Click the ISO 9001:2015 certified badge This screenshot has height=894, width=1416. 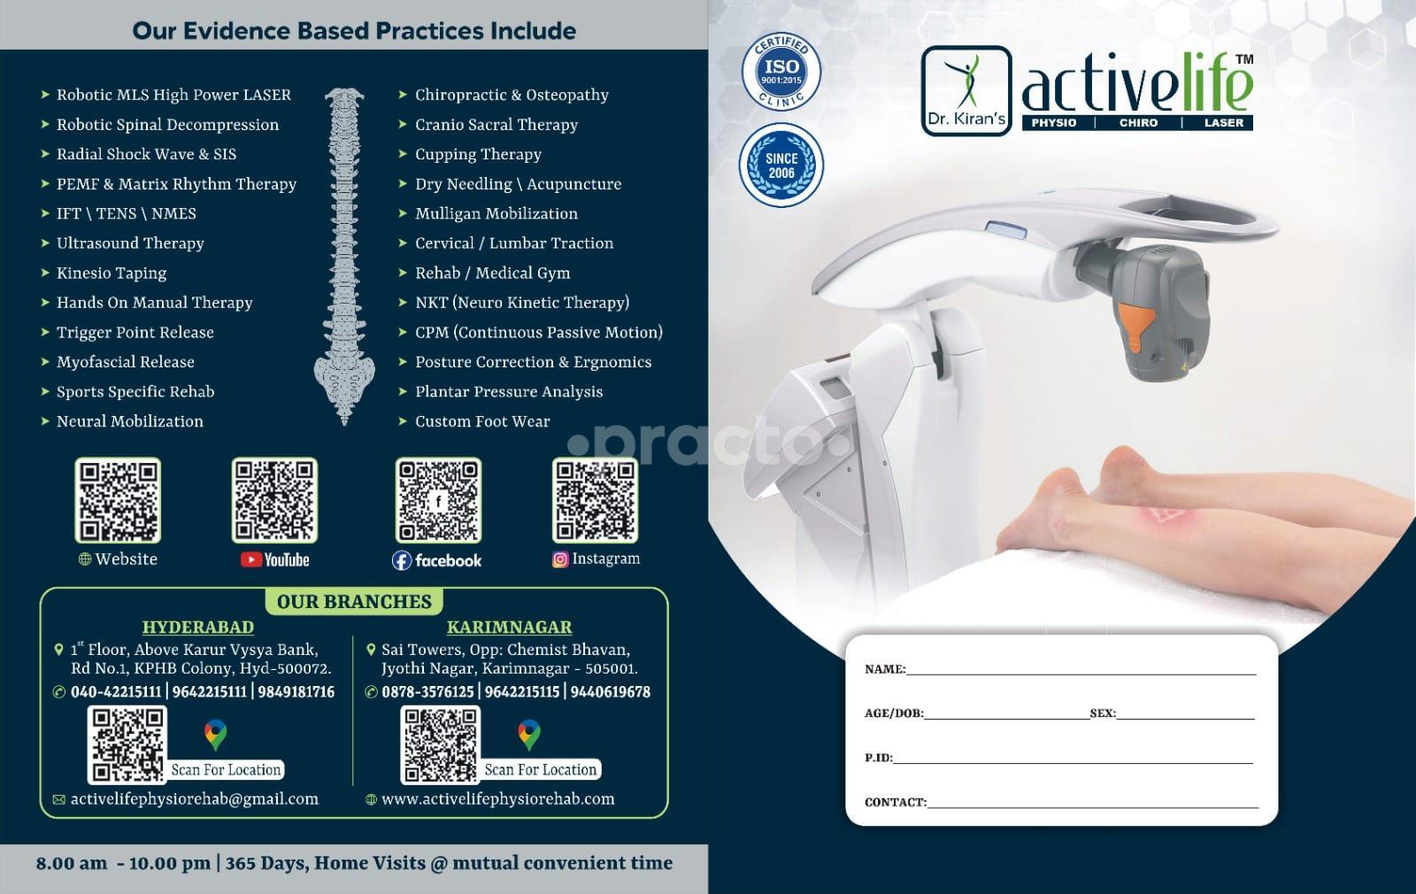[x=781, y=72]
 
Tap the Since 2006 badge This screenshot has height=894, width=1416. [x=781, y=165]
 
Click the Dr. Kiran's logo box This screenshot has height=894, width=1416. [x=966, y=91]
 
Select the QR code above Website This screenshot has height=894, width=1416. [x=118, y=500]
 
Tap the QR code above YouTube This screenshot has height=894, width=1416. [x=274, y=500]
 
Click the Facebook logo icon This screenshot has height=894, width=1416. [x=402, y=560]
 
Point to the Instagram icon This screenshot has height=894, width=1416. [x=560, y=559]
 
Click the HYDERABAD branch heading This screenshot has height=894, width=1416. [x=198, y=627]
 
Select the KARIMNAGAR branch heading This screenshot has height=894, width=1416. [x=509, y=627]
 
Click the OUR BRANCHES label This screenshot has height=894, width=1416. [x=354, y=601]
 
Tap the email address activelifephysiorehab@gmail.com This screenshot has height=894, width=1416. [x=194, y=799]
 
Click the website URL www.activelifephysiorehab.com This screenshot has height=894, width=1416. [x=497, y=799]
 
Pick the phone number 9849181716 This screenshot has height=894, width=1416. [x=296, y=692]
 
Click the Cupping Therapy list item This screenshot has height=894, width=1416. [x=478, y=154]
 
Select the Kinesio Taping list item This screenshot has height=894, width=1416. [x=112, y=274]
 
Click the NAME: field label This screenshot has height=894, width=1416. [x=885, y=669]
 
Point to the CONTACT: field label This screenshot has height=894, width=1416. [x=895, y=802]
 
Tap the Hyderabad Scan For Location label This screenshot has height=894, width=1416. [x=226, y=769]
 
